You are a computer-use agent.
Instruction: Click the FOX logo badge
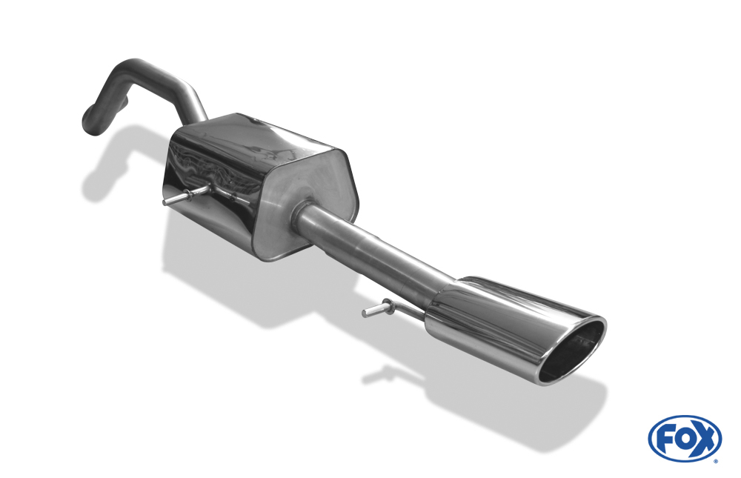[685, 438]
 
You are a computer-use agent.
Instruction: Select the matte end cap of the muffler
[302, 199]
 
